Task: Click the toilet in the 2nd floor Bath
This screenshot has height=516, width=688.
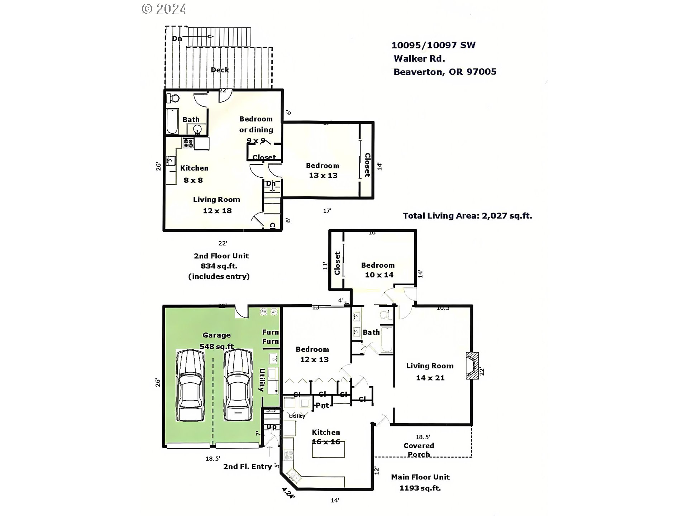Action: pos(173,98)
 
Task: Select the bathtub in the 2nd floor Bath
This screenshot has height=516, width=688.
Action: pos(172,121)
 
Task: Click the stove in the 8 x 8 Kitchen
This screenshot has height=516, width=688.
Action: pos(188,143)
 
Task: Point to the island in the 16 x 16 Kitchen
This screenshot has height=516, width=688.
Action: pos(328,450)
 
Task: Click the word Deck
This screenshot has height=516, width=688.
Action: pos(220,70)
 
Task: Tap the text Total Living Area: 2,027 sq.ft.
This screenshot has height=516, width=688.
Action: pos(467,216)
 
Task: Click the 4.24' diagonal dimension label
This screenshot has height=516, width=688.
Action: pos(288,493)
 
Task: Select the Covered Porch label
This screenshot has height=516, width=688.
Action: pos(419,450)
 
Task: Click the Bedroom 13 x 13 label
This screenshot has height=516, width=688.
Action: pos(322,171)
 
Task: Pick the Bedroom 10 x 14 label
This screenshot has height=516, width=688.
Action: pos(378,270)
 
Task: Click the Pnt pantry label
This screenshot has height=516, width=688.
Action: pos(322,405)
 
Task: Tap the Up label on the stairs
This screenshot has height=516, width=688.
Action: pos(272,427)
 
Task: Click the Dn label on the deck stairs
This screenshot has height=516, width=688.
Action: pos(177,38)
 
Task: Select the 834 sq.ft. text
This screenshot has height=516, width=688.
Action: pos(219,266)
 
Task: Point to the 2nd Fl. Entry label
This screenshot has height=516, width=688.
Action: pos(247,467)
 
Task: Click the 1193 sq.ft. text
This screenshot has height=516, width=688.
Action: pos(420,488)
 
